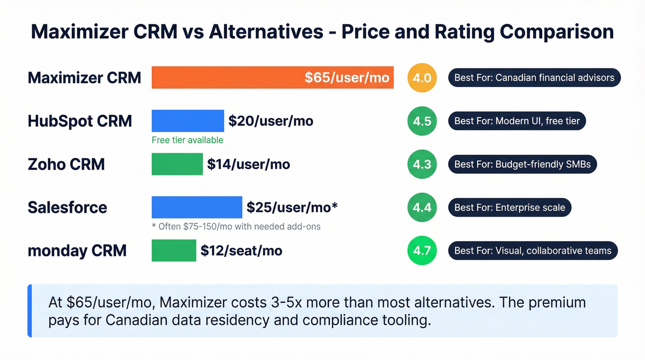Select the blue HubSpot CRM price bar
click(188, 121)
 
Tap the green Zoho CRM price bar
click(177, 164)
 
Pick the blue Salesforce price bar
click(197, 207)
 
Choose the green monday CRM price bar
click(174, 250)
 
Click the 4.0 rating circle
click(422, 77)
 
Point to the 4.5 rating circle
click(422, 121)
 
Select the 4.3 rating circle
click(422, 164)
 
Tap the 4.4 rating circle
click(422, 207)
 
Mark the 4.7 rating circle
click(422, 250)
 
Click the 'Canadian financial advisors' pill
click(534, 77)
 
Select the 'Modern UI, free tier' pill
click(517, 121)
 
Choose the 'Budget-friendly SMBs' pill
click(522, 164)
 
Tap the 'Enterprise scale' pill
click(510, 207)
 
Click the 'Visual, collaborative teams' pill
click(533, 250)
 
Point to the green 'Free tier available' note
click(187, 140)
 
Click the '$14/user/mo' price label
click(248, 164)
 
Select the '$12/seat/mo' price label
click(241, 250)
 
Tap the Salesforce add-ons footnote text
click(236, 226)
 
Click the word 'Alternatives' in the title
click(266, 32)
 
